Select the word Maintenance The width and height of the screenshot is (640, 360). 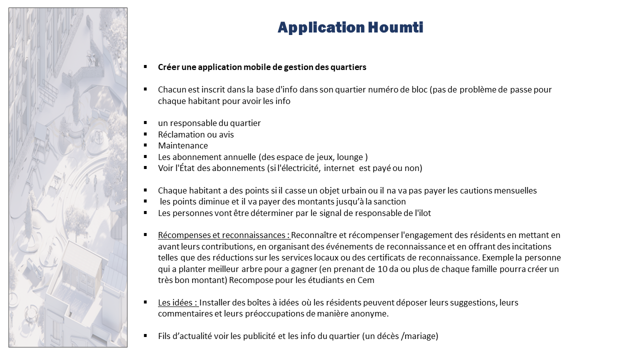tap(183, 145)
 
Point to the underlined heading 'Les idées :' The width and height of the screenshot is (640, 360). tap(178, 302)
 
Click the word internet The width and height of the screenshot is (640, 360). tap(339, 168)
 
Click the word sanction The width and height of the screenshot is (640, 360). tap(388, 201)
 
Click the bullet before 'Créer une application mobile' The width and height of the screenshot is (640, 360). tap(145, 66)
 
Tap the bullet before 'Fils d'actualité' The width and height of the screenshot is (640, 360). tap(145, 335)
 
